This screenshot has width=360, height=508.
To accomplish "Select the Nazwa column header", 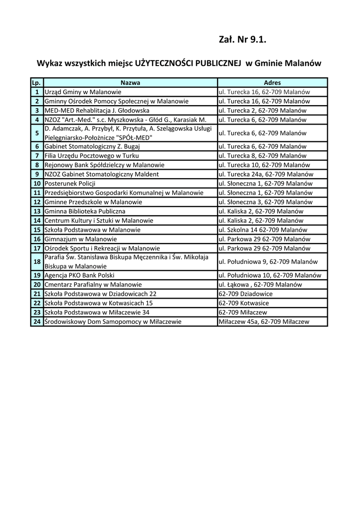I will [x=130, y=83].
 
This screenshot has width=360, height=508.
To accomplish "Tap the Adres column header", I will [x=272, y=83].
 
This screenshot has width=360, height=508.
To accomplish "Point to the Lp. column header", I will [x=36, y=83].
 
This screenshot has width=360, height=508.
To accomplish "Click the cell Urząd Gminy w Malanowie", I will [x=83, y=92].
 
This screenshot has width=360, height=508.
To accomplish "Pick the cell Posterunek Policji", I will [x=70, y=184].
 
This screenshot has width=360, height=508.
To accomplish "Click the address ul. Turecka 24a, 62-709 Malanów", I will [x=266, y=174].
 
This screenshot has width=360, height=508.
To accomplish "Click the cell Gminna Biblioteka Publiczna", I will [x=85, y=211].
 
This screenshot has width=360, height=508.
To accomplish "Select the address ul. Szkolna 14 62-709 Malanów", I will [x=263, y=230].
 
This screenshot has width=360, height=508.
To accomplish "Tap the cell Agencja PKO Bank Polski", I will [x=79, y=275].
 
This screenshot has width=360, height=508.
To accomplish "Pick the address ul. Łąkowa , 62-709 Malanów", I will [x=260, y=285].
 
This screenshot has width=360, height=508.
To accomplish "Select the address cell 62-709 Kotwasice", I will [x=244, y=303].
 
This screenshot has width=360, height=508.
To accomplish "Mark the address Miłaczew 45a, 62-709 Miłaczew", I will [x=264, y=321].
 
